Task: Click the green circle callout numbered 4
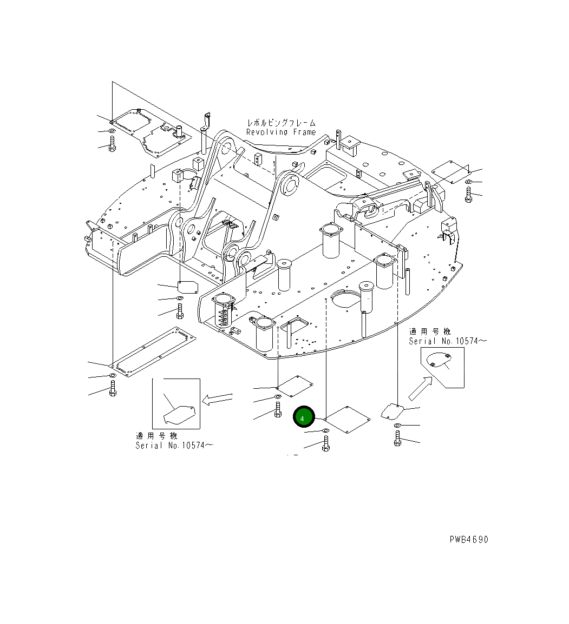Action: click(304, 418)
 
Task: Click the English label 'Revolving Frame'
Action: click(280, 132)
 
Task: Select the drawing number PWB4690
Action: click(468, 540)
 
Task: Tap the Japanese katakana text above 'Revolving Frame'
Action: click(280, 123)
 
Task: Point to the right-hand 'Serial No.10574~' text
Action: click(447, 341)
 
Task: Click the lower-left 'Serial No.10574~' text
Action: click(174, 445)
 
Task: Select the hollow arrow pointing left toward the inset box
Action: click(217, 400)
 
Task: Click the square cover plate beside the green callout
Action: click(347, 419)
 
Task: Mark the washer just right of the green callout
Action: click(325, 431)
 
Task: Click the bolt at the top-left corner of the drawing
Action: click(112, 144)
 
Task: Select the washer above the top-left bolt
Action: click(112, 131)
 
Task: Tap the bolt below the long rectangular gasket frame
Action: click(113, 388)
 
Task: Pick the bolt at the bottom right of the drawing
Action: click(398, 438)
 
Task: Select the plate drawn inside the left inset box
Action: click(179, 415)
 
